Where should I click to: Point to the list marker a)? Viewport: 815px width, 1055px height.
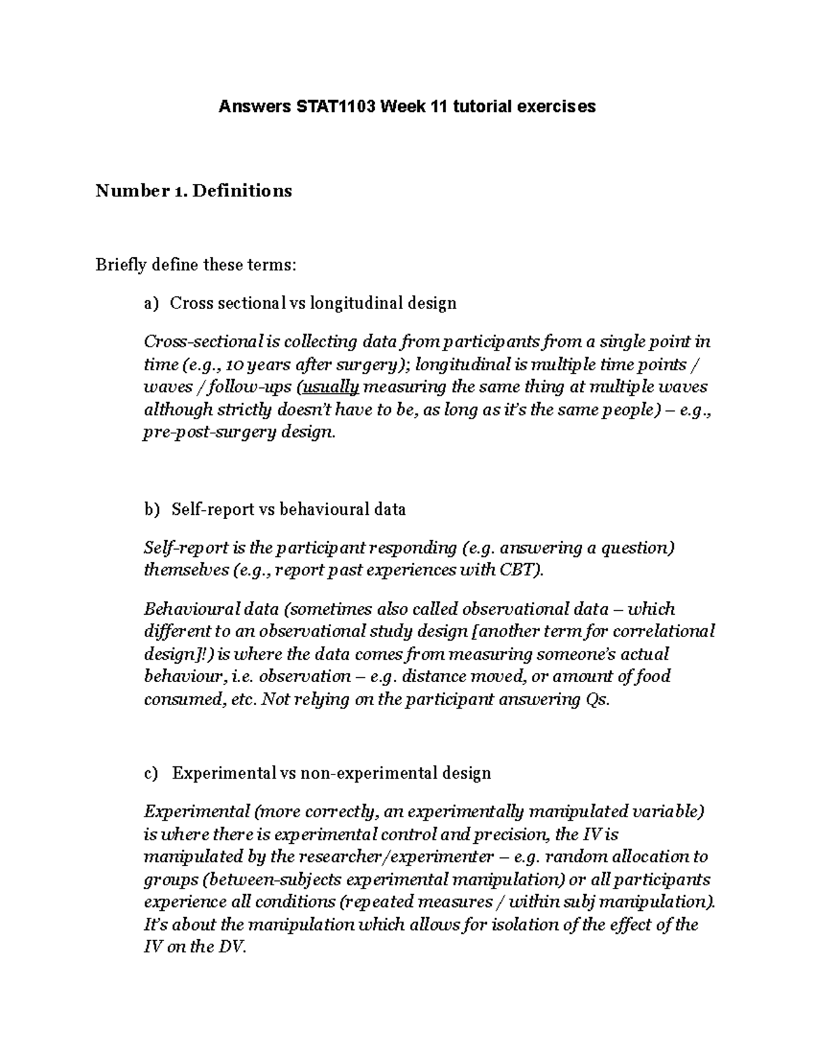150,303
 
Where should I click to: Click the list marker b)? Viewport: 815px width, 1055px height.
151,509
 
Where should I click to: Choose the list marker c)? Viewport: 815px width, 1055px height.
150,773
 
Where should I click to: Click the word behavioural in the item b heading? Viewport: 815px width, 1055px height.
325,509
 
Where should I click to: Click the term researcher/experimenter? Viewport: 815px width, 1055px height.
397,857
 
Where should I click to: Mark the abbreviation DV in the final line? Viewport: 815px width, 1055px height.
230,948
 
